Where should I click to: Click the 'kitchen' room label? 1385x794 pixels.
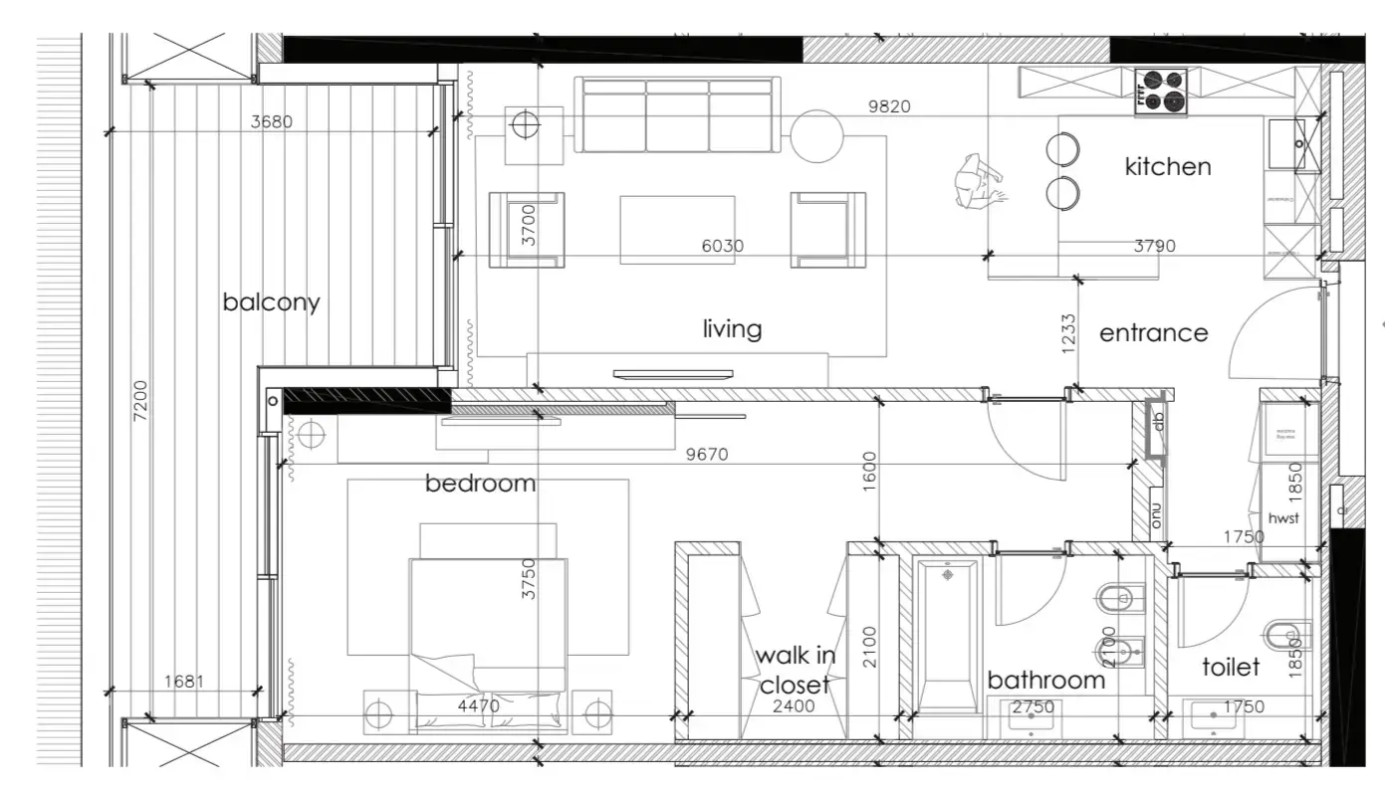point(1167,166)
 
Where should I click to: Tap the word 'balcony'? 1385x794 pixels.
point(271,301)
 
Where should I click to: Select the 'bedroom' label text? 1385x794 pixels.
point(480,484)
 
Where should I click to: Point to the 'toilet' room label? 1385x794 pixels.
point(1231,667)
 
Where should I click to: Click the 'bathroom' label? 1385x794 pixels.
point(1045,680)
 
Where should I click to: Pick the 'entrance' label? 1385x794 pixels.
point(1153,333)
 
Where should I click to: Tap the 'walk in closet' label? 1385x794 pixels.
point(796,670)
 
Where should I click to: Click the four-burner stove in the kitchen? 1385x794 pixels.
point(1160,90)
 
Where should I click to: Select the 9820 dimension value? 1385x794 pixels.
point(889,106)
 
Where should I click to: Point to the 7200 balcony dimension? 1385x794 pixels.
point(139,402)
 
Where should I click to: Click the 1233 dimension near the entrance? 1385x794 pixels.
point(1068,334)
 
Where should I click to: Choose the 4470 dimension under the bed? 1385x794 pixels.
point(478,706)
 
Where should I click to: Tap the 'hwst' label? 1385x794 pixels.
point(1283,518)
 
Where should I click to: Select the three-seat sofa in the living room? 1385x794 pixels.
point(676,113)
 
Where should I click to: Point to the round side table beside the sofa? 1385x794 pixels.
point(817,136)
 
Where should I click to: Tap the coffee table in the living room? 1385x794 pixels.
point(677,230)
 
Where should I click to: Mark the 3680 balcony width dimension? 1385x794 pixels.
point(272,122)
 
